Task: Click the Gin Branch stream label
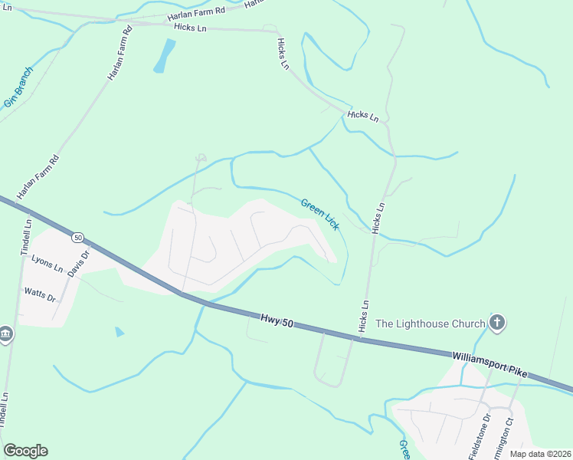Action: click(x=18, y=87)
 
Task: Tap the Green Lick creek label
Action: click(x=319, y=214)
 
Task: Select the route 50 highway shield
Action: click(x=78, y=238)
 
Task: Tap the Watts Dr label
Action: click(x=40, y=293)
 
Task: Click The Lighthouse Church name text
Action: click(x=430, y=324)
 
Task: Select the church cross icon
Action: click(x=497, y=323)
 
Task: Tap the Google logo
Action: click(x=25, y=451)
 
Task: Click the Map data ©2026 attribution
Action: click(x=539, y=454)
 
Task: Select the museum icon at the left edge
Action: click(x=5, y=335)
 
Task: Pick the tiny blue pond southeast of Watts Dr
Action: click(x=120, y=332)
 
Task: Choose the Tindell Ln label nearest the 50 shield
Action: click(x=25, y=237)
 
